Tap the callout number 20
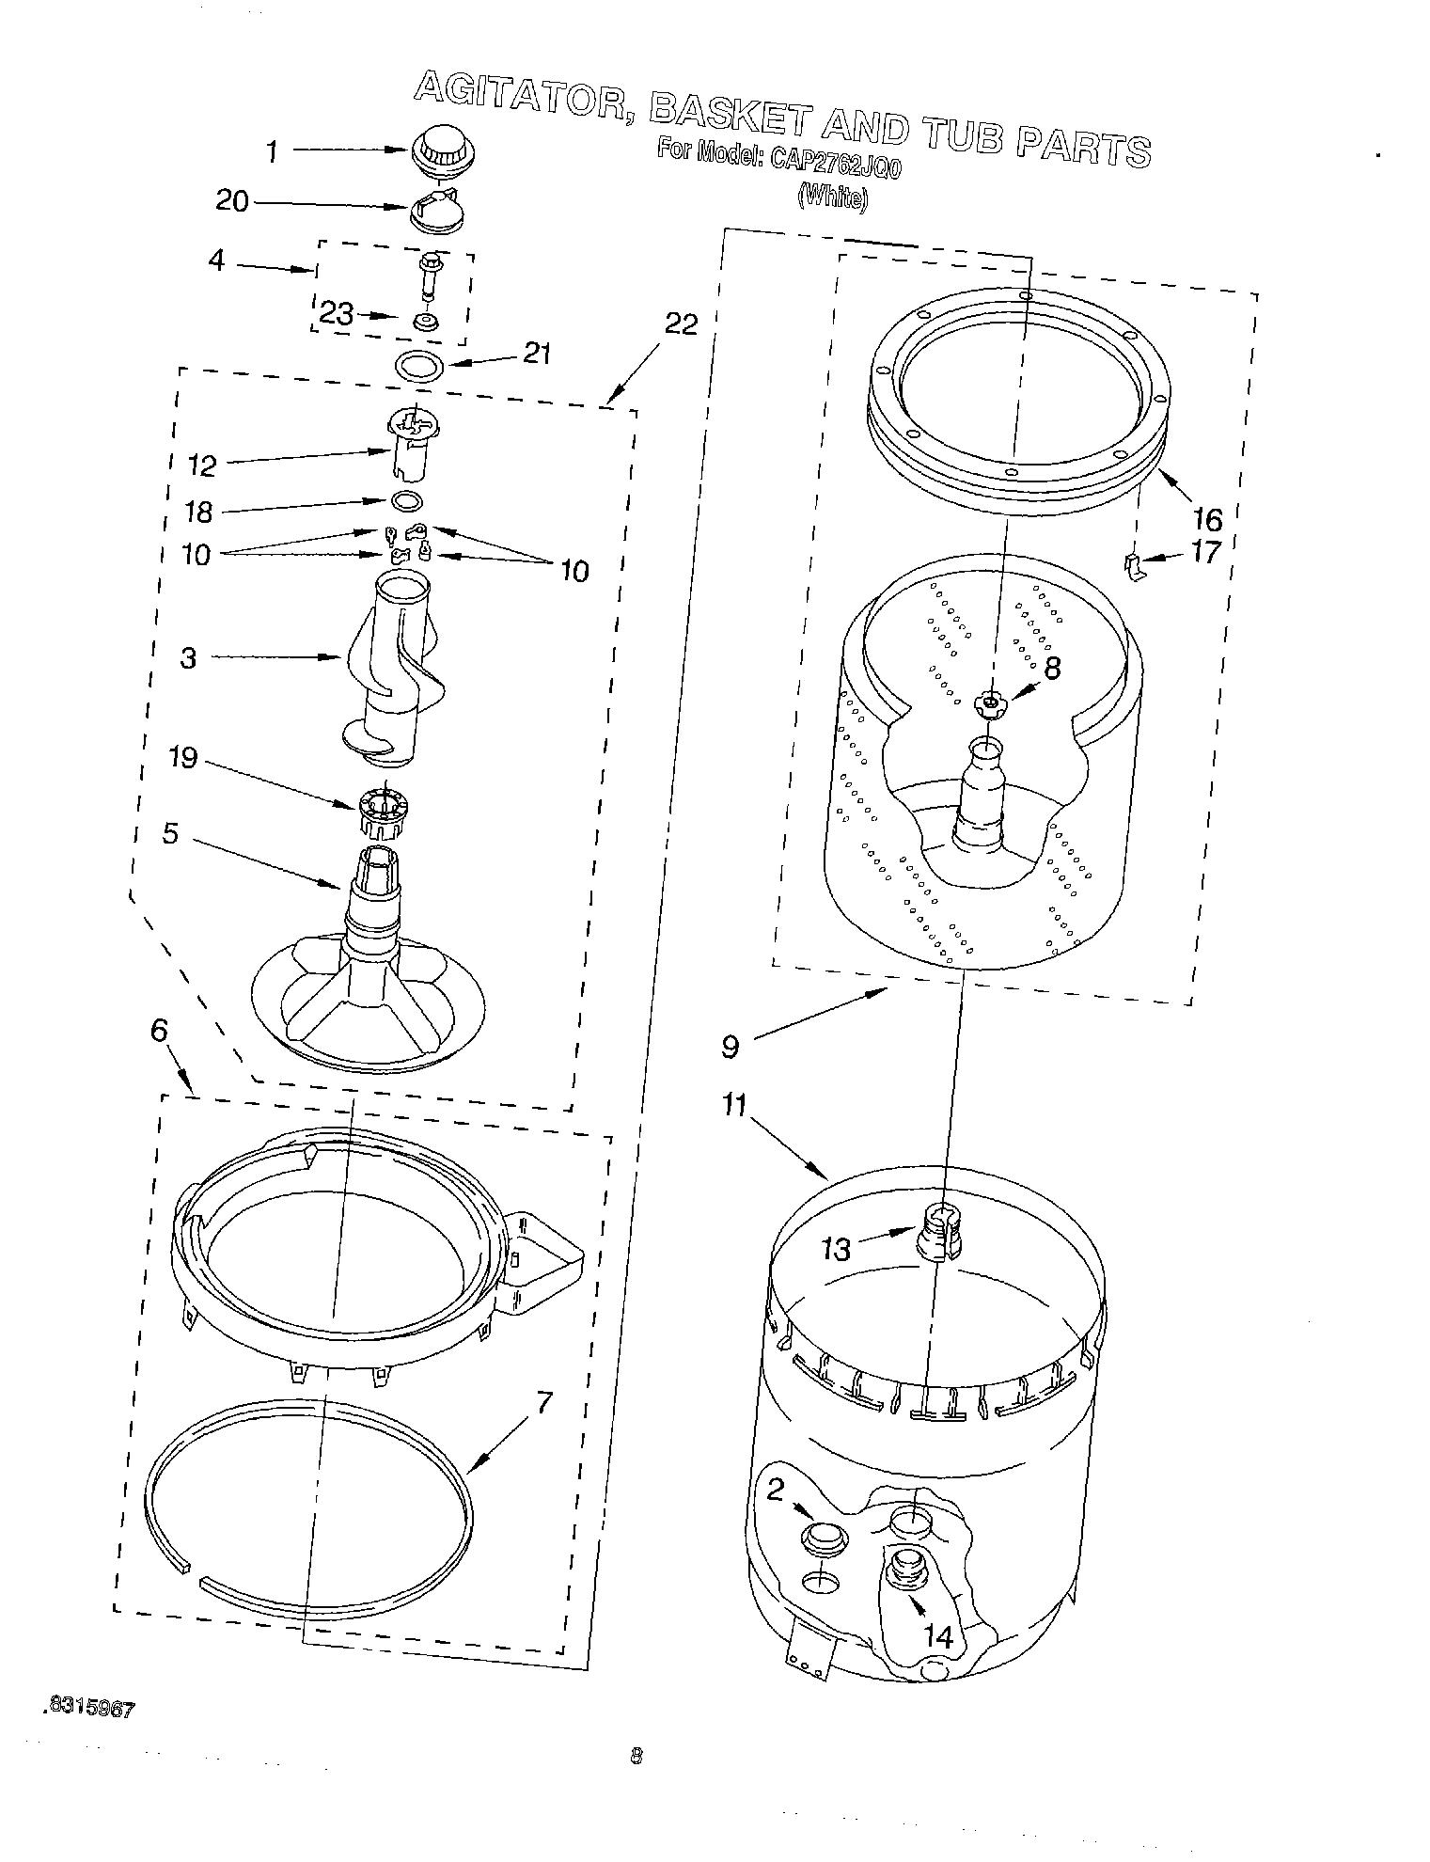[x=232, y=200]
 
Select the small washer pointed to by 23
[x=426, y=323]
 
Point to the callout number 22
[x=682, y=323]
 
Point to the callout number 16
[x=1207, y=518]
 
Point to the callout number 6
[x=159, y=1031]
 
